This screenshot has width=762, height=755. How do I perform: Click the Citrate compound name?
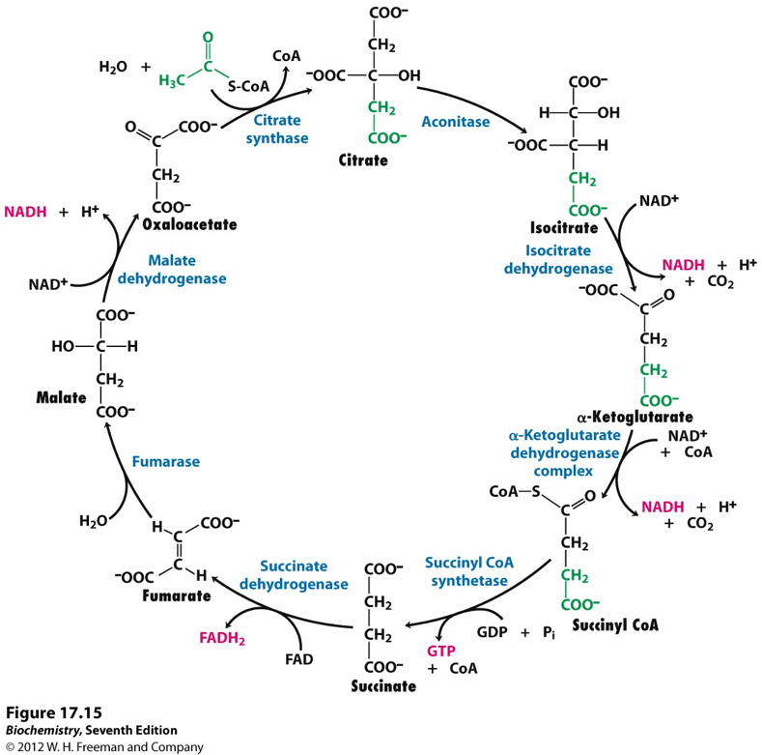point(364,160)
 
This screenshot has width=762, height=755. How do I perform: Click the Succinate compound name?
point(383,686)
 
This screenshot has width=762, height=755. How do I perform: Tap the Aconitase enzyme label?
point(456,122)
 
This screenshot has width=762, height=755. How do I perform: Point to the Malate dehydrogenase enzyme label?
point(186,270)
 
